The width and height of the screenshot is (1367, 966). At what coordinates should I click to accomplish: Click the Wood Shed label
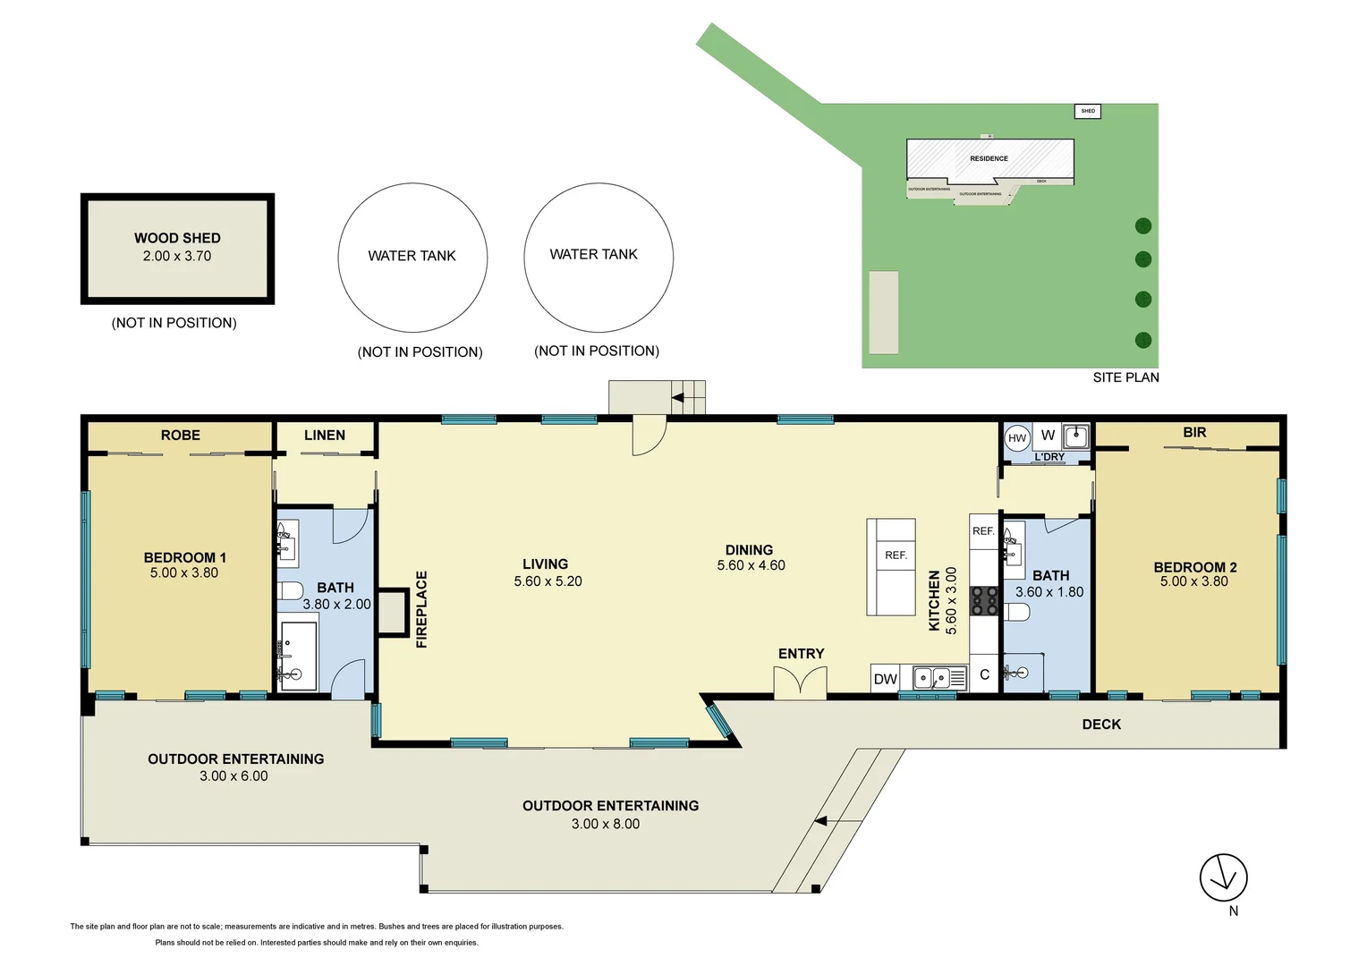pos(177,238)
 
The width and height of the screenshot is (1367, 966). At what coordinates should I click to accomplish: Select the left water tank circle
pos(412,258)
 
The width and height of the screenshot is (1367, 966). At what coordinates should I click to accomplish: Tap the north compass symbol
pos(1223,877)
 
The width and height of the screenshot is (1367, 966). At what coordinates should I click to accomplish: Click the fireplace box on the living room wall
pos(390,613)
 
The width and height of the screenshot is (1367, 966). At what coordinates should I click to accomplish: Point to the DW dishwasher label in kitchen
pos(885,679)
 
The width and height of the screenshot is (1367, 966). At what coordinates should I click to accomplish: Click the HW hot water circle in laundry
pos(1017,438)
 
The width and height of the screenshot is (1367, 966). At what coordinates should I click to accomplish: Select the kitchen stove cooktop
pos(984,600)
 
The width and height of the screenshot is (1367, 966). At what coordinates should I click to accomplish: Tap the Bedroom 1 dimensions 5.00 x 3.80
pos(183,573)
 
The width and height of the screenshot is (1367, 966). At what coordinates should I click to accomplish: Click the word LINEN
pos(324,436)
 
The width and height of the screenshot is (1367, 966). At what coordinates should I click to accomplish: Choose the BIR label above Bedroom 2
pos(1194,433)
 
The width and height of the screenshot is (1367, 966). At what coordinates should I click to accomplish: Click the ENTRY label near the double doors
pos(801,654)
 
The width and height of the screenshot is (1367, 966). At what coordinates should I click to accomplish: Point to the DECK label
pos(1100,724)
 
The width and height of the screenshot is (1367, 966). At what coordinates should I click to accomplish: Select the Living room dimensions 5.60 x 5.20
pos(548,581)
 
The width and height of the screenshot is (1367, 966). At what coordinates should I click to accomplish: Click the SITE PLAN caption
pos(1125,377)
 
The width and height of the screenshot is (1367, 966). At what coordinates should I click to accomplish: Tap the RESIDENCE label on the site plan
pos(989,158)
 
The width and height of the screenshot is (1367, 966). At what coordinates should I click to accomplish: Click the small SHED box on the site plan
pos(1087,111)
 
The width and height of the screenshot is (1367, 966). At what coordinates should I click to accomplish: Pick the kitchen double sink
pos(931,678)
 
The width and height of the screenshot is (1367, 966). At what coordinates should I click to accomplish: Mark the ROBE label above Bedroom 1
pos(180,436)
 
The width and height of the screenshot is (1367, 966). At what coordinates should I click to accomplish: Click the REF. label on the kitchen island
pos(896,555)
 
